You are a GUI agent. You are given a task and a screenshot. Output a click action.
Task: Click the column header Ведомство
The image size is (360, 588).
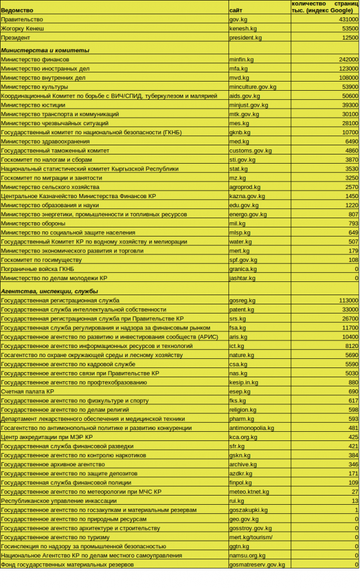[x=17, y=10]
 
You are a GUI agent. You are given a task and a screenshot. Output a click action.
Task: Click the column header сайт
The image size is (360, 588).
[x=235, y=10]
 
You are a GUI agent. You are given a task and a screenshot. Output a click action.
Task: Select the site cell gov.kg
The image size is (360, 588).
[x=238, y=19]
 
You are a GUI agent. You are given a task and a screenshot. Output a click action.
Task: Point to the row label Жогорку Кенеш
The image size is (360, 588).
[x=22, y=28]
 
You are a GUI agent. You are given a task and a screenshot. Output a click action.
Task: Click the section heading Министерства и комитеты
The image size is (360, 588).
[x=45, y=51]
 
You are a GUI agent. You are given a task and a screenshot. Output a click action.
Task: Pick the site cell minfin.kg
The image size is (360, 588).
[x=241, y=59]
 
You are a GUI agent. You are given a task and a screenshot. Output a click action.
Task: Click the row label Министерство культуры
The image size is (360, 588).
[x=34, y=87]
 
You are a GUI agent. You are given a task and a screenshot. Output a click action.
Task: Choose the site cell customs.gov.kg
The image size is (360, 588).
[x=250, y=150]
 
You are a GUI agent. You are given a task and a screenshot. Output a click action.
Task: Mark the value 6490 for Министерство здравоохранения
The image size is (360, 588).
[x=351, y=141]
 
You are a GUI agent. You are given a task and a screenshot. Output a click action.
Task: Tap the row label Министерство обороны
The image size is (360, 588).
[x=33, y=223]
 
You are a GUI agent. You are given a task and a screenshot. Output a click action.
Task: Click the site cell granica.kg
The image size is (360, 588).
[x=243, y=269]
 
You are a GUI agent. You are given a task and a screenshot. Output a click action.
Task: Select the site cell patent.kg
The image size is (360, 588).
[x=242, y=310]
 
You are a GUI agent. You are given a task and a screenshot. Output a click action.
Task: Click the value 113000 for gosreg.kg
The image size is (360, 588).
[x=349, y=300]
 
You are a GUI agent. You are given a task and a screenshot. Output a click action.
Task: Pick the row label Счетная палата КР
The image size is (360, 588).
[x=28, y=391]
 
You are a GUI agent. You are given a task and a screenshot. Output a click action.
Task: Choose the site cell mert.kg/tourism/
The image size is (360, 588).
[x=251, y=537]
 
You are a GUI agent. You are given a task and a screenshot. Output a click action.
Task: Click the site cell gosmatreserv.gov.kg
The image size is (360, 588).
[x=257, y=564]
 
